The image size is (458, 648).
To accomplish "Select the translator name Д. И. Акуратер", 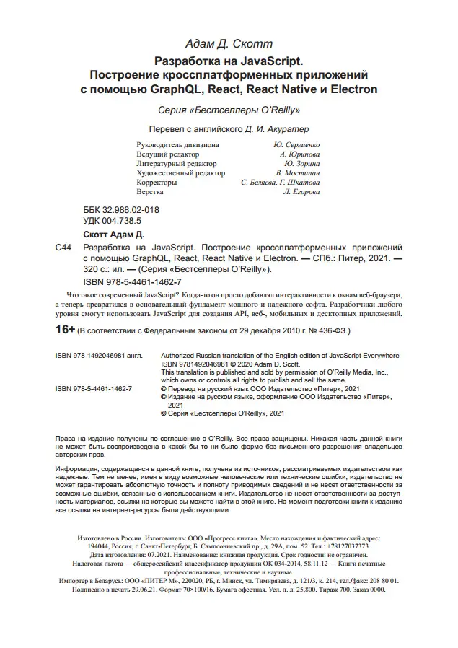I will tap(276, 130).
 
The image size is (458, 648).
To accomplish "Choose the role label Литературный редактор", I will tap(175, 164).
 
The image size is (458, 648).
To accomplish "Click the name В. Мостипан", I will tap(298, 173).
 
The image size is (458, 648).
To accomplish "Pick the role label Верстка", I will tap(149, 192).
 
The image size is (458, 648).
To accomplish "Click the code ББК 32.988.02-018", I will tap(121, 210).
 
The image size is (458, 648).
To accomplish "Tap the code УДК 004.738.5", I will tap(113, 220).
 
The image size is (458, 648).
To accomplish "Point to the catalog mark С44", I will tap(63, 247).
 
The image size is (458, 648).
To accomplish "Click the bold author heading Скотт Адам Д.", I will tap(114, 235).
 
